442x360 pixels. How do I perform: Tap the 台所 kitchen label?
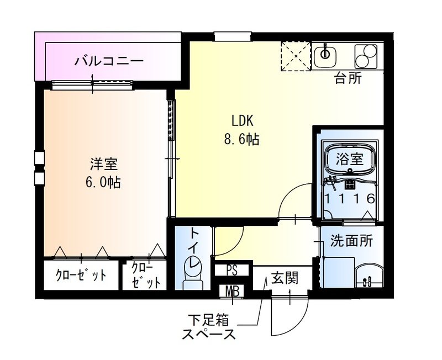(x=348, y=78)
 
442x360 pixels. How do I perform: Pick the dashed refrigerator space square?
(x=296, y=57)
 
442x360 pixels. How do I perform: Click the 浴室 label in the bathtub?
(x=350, y=159)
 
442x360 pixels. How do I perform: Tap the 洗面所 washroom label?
(x=351, y=241)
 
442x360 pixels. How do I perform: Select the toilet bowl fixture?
(x=193, y=275)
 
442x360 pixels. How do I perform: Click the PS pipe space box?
(x=232, y=270)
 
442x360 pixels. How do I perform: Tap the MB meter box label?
(x=232, y=290)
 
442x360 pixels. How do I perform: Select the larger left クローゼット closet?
(x=81, y=275)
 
